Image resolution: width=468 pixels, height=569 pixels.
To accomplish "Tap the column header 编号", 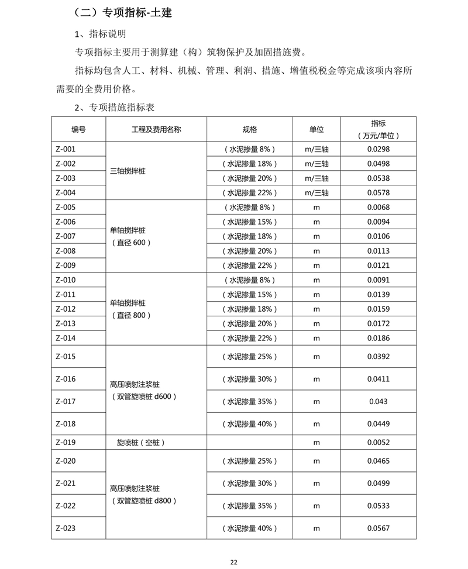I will point(79,129).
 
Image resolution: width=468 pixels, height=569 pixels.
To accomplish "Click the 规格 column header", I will point(250,129).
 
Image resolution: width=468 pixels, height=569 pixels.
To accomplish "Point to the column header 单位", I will point(316,129).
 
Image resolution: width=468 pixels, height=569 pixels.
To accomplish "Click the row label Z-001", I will point(66,149).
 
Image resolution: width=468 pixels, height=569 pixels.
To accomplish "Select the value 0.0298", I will point(378,149).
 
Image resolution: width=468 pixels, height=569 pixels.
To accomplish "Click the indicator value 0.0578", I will point(378,192).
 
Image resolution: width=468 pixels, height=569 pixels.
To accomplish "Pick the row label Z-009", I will point(66,265).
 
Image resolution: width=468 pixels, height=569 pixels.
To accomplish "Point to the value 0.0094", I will point(378,222).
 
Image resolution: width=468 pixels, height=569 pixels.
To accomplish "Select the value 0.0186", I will point(378,338).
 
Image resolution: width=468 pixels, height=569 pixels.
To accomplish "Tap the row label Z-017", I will point(66,401).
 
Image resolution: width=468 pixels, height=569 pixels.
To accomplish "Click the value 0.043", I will point(378,401).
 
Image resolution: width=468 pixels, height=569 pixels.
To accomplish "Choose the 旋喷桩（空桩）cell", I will point(137,443).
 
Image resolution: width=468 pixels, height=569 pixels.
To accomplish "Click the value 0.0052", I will point(378,443).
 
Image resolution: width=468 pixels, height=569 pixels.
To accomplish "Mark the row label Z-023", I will point(66,528).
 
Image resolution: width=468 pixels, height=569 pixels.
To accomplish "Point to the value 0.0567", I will point(378,528).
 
